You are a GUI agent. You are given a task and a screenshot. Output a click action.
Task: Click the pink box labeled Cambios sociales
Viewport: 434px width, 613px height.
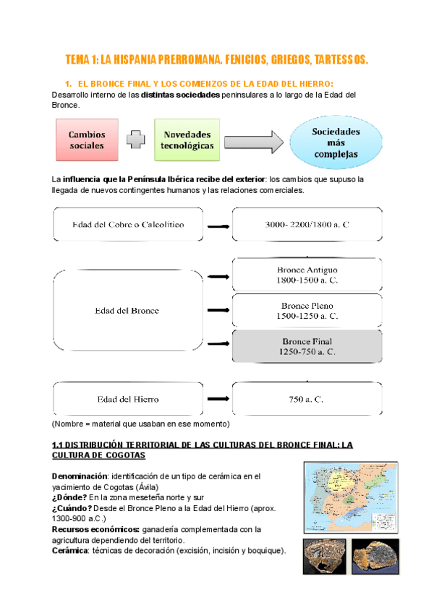[x=87, y=140]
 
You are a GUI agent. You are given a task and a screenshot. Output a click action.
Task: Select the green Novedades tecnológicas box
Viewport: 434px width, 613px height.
[x=187, y=140]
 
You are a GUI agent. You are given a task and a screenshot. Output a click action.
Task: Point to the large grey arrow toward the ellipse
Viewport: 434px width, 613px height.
[x=253, y=140]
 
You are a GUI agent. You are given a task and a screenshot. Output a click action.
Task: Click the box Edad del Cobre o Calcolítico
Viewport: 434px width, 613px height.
[x=127, y=224]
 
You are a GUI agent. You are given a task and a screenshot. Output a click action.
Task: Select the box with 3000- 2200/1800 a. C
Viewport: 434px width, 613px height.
[x=307, y=224]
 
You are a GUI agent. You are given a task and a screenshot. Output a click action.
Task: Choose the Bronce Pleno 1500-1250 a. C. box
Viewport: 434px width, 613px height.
[x=307, y=311]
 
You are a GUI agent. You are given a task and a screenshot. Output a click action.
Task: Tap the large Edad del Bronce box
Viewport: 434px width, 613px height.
[x=127, y=311]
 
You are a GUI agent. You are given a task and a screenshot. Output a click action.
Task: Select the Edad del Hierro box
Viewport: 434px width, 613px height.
[x=127, y=398]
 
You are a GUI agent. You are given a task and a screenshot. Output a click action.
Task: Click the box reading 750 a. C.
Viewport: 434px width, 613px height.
[x=307, y=398]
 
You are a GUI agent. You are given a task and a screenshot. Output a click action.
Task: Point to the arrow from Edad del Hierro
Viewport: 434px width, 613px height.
[x=217, y=398]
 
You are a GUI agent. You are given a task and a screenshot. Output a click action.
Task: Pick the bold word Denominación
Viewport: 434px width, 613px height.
[x=79, y=476]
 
